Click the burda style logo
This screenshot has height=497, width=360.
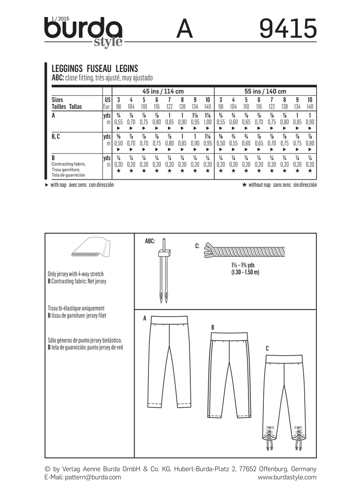click(83, 31)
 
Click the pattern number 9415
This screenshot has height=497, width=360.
click(288, 31)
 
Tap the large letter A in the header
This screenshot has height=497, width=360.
click(184, 31)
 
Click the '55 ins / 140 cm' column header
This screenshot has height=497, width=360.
click(265, 90)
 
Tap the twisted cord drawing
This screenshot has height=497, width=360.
click(246, 249)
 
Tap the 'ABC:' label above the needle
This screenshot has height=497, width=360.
click(150, 241)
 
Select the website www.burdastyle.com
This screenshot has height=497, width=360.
click(287, 477)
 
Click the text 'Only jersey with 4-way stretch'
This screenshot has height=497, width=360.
click(79, 273)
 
